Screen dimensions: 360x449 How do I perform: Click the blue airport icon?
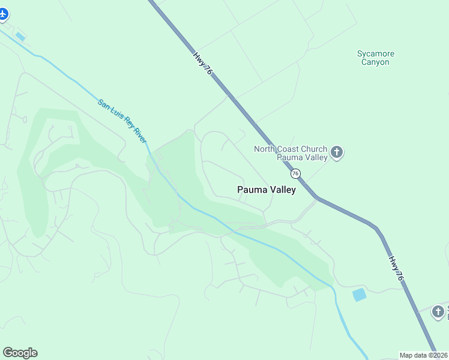[x=4, y=14]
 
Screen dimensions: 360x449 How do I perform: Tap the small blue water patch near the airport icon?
[x=20, y=37]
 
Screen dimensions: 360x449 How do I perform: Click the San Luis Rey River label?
[x=122, y=121]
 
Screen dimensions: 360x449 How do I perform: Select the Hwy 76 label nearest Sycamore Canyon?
[x=203, y=62]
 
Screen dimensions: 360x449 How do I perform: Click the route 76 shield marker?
[x=295, y=173]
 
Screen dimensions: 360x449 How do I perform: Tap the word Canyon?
[x=376, y=62]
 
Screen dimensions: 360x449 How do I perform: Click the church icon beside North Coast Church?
[x=336, y=152]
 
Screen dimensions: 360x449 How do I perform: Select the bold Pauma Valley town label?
[x=267, y=190]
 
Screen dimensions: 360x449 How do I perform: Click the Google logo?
[x=20, y=353]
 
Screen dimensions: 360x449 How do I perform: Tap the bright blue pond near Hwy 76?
[x=360, y=295]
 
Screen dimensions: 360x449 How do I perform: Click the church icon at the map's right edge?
[x=439, y=311]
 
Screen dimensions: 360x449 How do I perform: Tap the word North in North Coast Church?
[x=265, y=149]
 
